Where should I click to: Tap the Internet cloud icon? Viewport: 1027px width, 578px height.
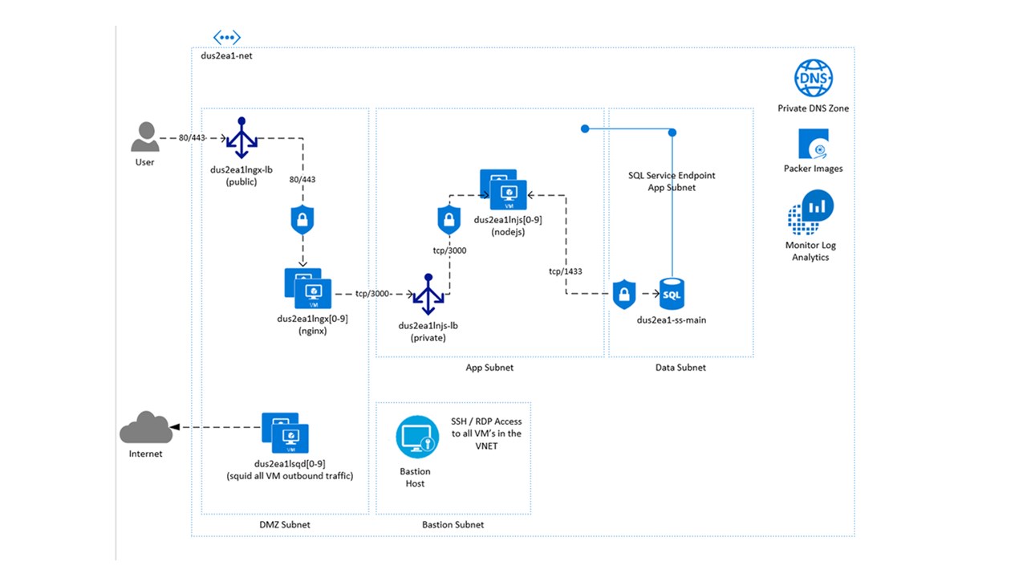click(x=145, y=428)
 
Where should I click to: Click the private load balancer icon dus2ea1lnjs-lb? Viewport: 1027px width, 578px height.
click(x=429, y=295)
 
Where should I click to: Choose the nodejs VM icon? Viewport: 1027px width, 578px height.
click(x=503, y=189)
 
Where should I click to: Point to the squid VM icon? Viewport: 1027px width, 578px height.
click(x=286, y=433)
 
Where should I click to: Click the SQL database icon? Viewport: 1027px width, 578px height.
click(x=672, y=295)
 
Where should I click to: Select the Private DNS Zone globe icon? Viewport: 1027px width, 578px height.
click(x=814, y=79)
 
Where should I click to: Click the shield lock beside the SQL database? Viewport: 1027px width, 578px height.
click(x=624, y=295)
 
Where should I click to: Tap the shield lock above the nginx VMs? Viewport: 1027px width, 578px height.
click(x=302, y=219)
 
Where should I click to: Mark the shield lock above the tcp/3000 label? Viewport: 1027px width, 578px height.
click(x=449, y=219)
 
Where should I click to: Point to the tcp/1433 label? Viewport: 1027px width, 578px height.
click(x=566, y=271)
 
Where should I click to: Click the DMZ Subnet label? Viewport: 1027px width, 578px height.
click(x=285, y=525)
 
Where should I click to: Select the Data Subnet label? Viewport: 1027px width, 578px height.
click(x=680, y=368)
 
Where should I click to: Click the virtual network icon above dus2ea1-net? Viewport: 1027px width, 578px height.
click(x=227, y=37)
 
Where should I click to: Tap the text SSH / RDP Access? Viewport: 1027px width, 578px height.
click(x=486, y=421)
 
